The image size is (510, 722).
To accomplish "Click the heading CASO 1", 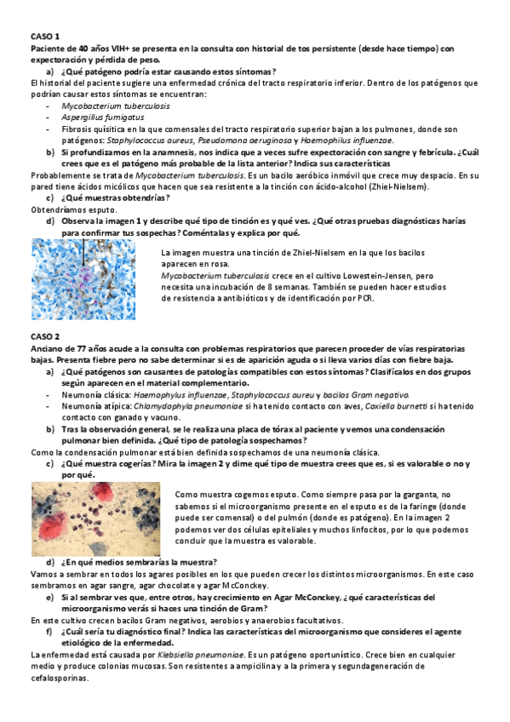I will click(x=45, y=37).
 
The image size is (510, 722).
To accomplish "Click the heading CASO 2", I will click(x=45, y=337).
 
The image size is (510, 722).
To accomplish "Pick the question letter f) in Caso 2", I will click(x=51, y=633).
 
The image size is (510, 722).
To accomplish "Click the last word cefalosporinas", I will click(x=58, y=679).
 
